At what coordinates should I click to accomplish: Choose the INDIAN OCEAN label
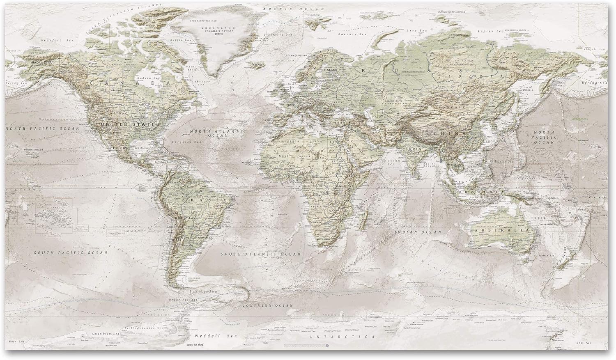(417, 232)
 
